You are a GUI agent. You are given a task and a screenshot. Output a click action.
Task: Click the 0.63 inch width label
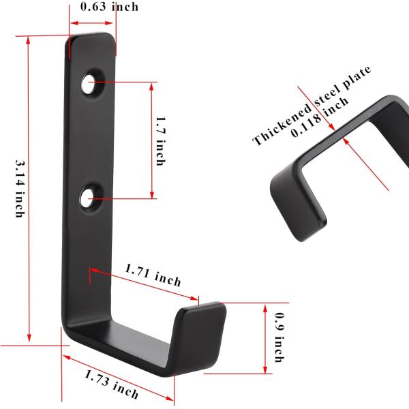[x=109, y=7]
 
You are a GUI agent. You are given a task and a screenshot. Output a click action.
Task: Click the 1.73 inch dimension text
[x=112, y=384]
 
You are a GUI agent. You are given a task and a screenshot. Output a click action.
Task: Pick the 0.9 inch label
[x=279, y=337]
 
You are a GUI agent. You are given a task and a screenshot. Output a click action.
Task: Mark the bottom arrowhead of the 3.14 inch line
[x=29, y=340]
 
